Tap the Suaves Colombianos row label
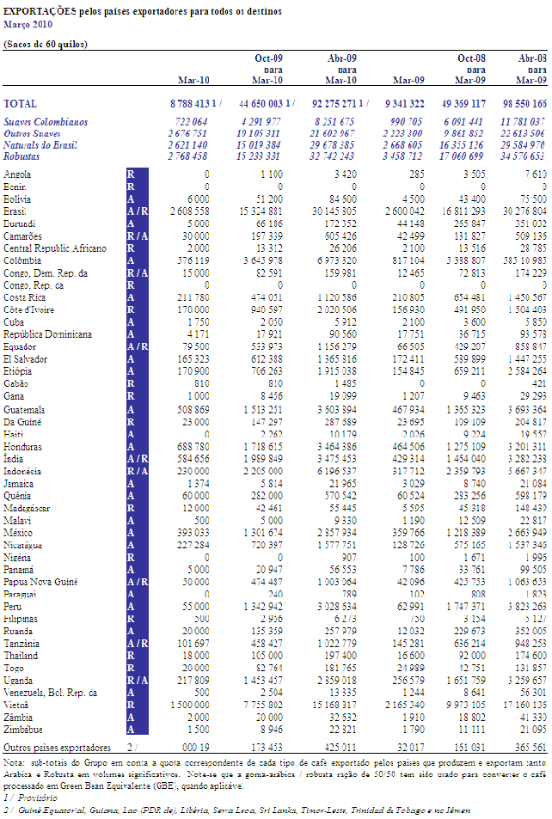tap(46, 122)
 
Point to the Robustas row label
tap(26, 156)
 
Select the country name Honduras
tap(23, 447)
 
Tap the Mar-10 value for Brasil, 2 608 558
tap(185, 211)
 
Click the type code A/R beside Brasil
tap(137, 211)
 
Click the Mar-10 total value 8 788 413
tap(187, 102)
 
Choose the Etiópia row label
tap(21, 371)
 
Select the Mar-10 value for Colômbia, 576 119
tap(188, 260)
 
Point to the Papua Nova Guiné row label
tap(40, 582)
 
